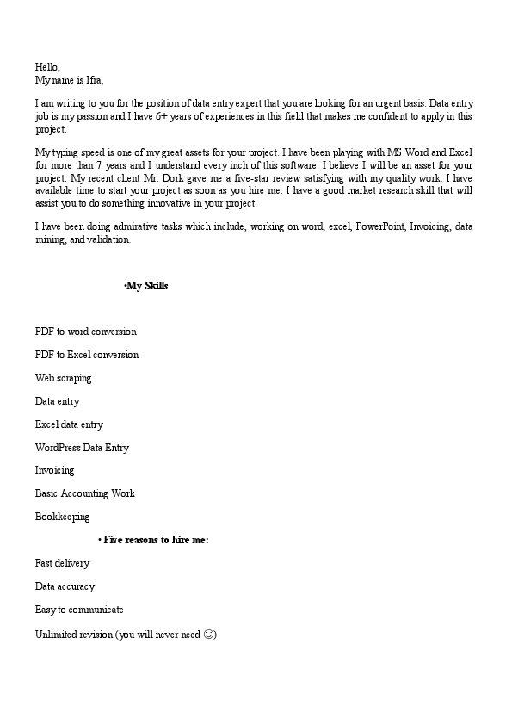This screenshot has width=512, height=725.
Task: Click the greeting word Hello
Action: click(47, 66)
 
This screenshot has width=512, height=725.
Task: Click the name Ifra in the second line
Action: click(93, 80)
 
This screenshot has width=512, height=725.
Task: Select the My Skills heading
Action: click(146, 286)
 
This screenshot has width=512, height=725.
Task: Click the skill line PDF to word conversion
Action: click(85, 332)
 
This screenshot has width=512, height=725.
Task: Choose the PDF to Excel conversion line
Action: click(87, 355)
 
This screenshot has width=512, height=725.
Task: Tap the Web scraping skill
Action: click(63, 378)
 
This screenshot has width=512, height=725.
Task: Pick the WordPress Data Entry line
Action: click(82, 448)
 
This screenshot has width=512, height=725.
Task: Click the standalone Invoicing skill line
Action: click(54, 470)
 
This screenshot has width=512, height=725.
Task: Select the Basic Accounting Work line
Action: click(84, 493)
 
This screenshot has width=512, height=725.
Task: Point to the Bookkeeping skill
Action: click(62, 517)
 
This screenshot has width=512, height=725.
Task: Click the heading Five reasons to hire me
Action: click(156, 540)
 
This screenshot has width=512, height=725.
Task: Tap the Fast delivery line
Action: click(62, 563)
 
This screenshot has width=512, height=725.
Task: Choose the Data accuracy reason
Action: click(65, 586)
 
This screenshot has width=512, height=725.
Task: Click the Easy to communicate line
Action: click(79, 610)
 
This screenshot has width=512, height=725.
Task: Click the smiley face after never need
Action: click(209, 635)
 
